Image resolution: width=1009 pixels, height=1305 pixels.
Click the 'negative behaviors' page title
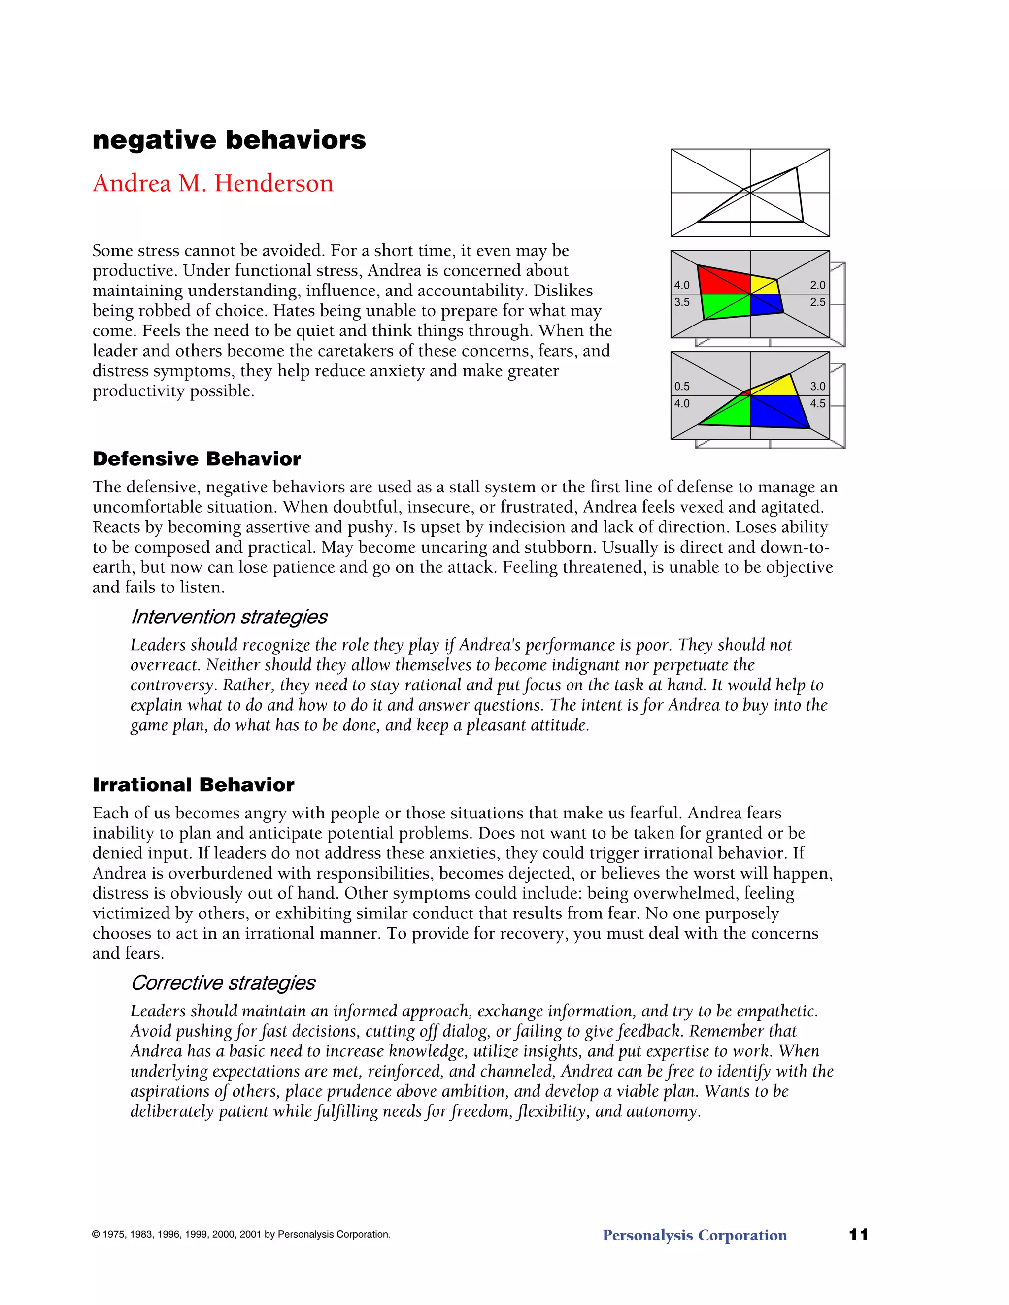(x=229, y=140)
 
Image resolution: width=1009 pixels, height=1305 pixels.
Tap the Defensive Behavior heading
(x=197, y=459)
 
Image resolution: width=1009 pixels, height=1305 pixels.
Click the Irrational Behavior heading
(x=193, y=784)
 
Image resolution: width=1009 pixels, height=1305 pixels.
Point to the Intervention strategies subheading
(x=229, y=617)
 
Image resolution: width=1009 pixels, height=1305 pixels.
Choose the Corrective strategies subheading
(x=223, y=983)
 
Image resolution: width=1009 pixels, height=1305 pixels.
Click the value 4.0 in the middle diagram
(x=681, y=285)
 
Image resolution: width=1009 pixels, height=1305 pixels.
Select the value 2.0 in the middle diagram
(x=818, y=285)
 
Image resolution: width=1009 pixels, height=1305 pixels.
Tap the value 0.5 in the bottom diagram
(x=681, y=387)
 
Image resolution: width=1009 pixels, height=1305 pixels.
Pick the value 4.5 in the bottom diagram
(x=818, y=404)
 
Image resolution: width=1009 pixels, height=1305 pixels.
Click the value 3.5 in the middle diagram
(x=681, y=302)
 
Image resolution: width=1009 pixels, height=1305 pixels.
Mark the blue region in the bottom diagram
(x=777, y=411)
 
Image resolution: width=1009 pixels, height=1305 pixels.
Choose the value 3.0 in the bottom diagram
(x=818, y=387)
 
